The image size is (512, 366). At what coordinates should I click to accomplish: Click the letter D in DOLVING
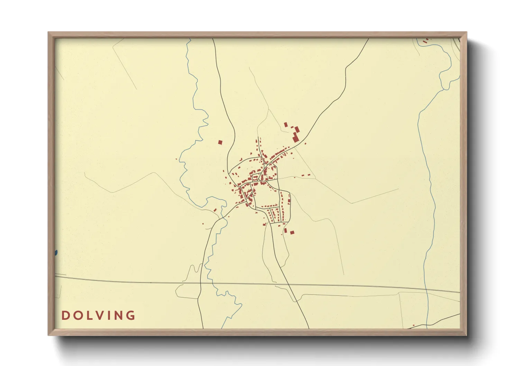click(65, 315)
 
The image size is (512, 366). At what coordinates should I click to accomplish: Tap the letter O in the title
click(76, 315)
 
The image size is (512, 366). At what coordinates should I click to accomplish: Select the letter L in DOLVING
click(88, 315)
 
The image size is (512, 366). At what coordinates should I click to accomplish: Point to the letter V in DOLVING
click(98, 315)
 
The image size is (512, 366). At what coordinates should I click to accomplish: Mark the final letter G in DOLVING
click(130, 315)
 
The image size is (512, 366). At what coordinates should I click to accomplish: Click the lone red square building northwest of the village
click(220, 142)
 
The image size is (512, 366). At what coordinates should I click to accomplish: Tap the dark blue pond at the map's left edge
click(56, 253)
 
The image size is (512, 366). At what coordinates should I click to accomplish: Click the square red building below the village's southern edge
click(292, 232)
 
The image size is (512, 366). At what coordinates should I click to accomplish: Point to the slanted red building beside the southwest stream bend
click(215, 210)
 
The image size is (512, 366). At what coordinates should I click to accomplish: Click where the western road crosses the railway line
click(200, 283)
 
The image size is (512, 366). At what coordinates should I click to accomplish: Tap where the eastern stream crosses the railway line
click(427, 290)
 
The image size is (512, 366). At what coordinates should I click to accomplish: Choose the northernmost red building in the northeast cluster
click(286, 125)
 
